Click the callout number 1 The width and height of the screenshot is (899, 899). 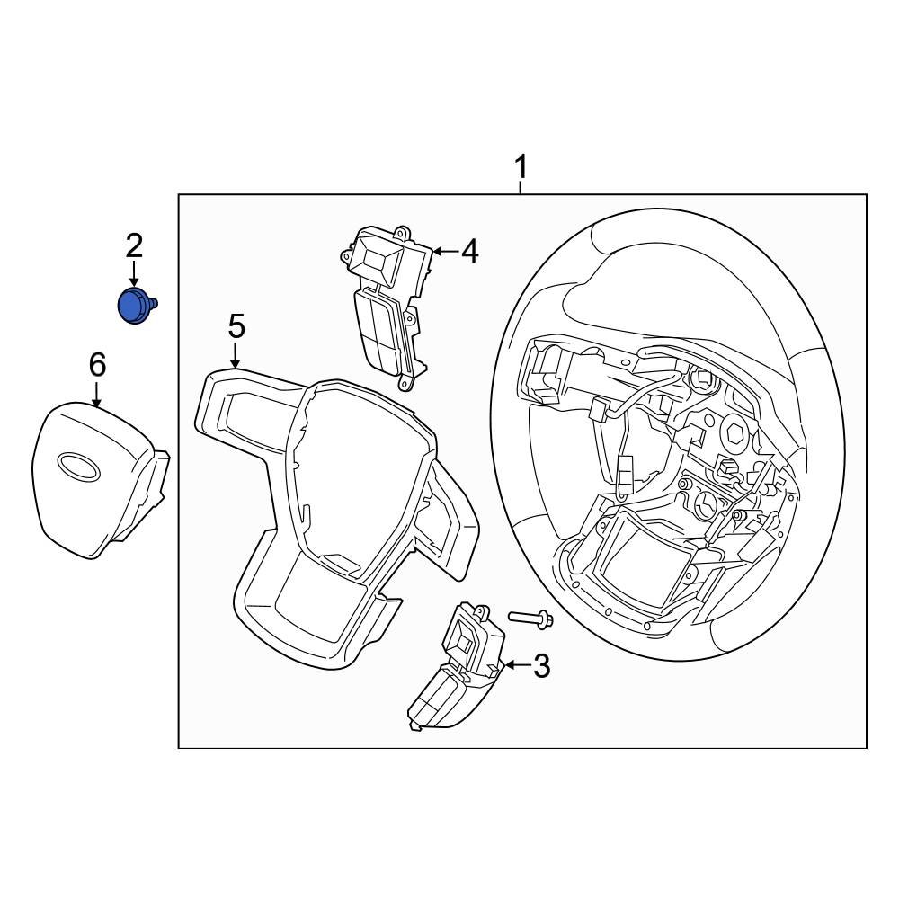[x=521, y=167]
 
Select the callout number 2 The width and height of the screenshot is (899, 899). [x=134, y=244]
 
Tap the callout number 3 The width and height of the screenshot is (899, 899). [x=541, y=666]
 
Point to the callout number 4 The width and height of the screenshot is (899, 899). [x=468, y=253]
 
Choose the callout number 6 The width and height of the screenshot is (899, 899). [x=97, y=365]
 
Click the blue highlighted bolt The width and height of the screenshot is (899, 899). [x=136, y=306]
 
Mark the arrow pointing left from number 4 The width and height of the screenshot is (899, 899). [x=444, y=252]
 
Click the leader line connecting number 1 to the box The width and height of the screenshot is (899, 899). [x=521, y=187]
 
